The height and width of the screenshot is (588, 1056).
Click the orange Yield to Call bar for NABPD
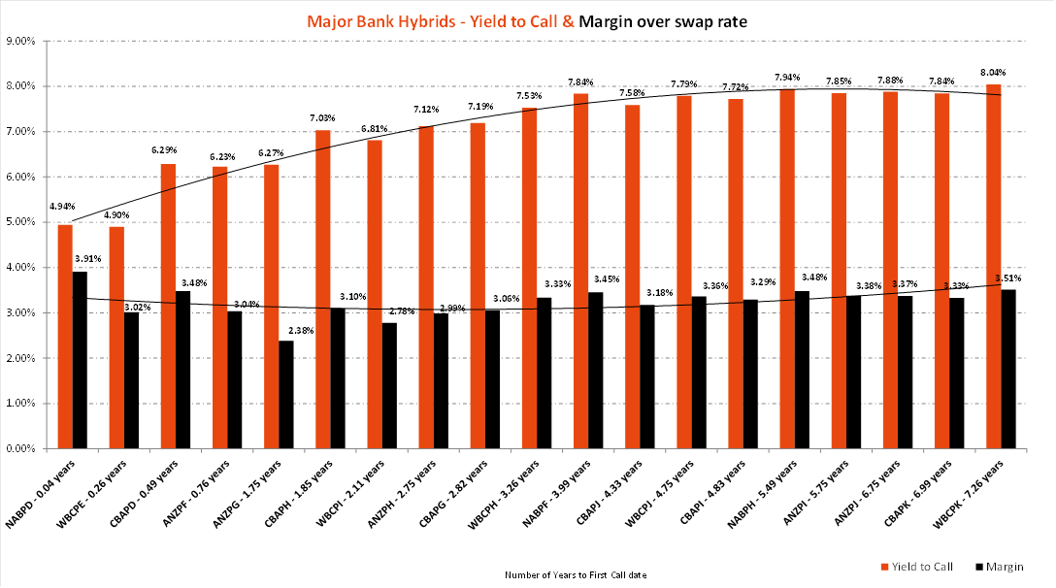tap(65, 337)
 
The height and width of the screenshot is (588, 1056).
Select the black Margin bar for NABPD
tap(80, 360)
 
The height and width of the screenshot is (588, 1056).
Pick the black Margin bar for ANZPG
tap(286, 395)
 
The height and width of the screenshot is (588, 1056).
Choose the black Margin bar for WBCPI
tap(389, 386)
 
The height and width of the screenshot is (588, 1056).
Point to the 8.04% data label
tap(993, 73)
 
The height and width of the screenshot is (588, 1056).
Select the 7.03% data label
tap(322, 118)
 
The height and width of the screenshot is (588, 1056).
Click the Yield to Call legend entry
tap(915, 566)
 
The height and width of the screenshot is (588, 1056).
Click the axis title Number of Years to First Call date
tap(576, 574)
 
